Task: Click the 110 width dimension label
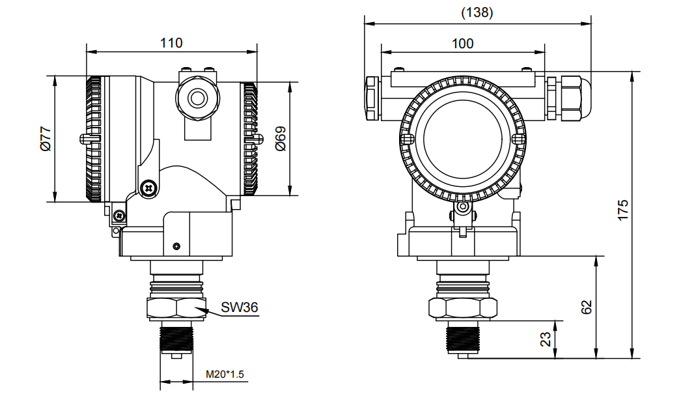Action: pos(171,43)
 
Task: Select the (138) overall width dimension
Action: pos(477,12)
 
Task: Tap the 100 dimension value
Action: pos(462,44)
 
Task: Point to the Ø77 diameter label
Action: pos(45,139)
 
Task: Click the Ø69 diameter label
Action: pos(281,139)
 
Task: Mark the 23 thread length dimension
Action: pos(546,339)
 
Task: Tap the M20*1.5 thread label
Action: pos(225,375)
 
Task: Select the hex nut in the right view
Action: pos(462,307)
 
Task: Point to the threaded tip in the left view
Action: pos(176,339)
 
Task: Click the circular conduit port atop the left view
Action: pos(197,98)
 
